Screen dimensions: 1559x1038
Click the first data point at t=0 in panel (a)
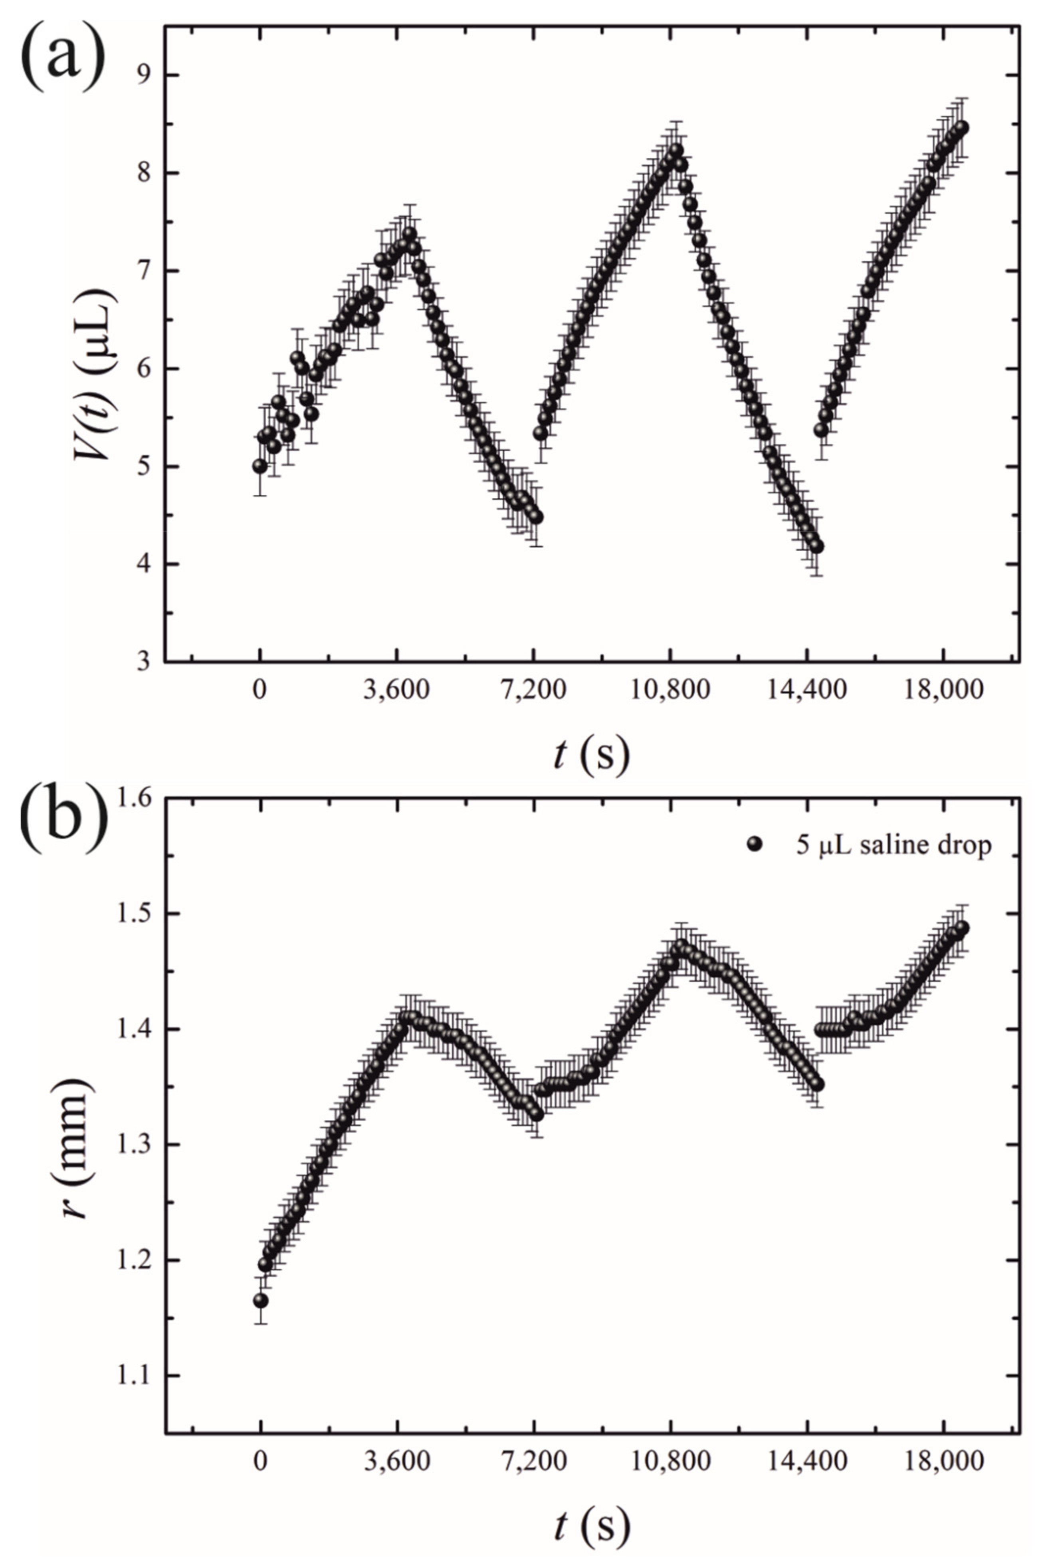coord(260,466)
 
